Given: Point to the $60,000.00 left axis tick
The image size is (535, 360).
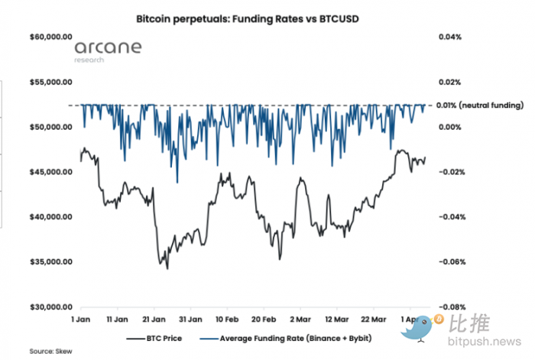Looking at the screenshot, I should (x=50, y=37).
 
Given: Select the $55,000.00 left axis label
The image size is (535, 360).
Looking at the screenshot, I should (x=50, y=82).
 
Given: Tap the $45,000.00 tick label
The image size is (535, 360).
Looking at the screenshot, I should (x=50, y=172).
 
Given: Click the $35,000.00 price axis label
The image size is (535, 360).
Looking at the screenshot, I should (x=50, y=262).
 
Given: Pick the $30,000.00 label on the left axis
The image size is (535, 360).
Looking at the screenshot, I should (x=50, y=307).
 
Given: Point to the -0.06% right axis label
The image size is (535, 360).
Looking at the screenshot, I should (x=449, y=262).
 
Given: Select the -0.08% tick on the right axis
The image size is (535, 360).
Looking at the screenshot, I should (x=449, y=307).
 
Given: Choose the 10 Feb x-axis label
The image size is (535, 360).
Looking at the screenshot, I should (x=227, y=317).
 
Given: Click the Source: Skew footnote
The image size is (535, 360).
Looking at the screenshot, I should (x=47, y=351).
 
